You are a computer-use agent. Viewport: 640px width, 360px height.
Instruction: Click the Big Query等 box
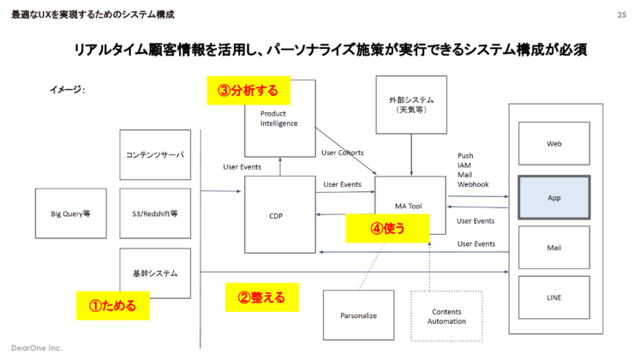click(69, 213)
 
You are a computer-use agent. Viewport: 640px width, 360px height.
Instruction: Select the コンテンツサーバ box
click(155, 155)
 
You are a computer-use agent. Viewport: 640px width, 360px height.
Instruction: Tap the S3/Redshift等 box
click(155, 213)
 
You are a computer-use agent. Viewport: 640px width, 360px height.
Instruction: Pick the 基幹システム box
click(155, 273)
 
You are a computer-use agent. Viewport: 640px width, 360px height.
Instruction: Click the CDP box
click(280, 215)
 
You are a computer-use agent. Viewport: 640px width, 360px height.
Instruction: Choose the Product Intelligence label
click(279, 117)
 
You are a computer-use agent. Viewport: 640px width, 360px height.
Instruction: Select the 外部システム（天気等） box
click(410, 105)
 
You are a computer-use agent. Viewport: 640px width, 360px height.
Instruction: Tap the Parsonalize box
click(358, 315)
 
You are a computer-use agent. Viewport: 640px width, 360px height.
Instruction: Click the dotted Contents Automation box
click(446, 315)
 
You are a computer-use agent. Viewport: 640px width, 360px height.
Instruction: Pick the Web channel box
click(553, 143)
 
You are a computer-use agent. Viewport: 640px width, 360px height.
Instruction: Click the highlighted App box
click(553, 196)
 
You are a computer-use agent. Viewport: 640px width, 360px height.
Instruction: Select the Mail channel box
click(553, 248)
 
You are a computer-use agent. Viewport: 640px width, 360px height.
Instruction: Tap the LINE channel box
click(553, 297)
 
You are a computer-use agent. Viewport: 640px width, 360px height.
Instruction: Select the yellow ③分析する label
click(248, 90)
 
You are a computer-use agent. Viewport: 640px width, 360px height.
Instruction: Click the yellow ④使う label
click(387, 229)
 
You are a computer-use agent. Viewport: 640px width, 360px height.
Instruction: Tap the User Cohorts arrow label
click(343, 153)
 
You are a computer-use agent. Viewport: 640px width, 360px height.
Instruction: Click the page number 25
click(621, 15)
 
